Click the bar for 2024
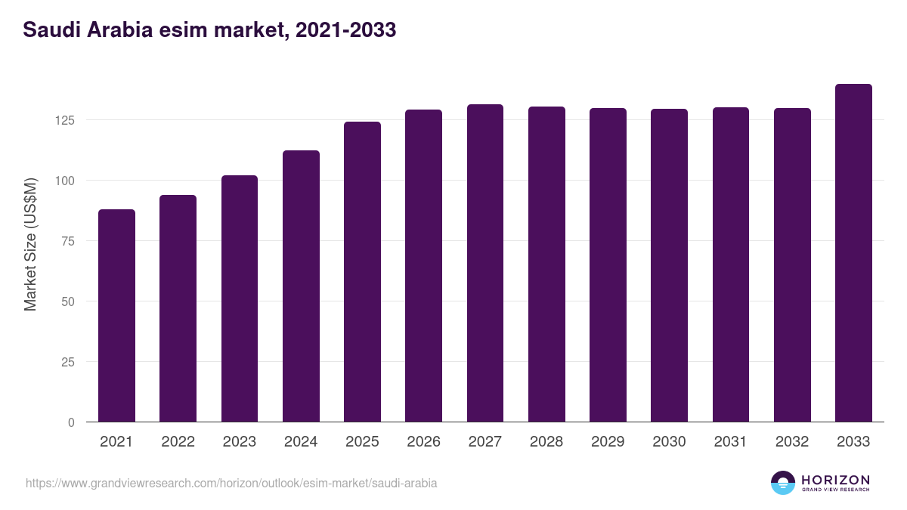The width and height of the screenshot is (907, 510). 301,286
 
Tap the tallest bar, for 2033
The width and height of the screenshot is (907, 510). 853,253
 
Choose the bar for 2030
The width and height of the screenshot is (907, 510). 669,265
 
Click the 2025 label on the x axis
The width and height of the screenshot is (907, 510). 362,442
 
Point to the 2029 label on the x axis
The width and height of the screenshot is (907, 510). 608,442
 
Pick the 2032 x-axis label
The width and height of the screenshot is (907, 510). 792,442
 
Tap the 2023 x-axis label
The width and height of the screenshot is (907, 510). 239,442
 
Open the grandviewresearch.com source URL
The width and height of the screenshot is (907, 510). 231,483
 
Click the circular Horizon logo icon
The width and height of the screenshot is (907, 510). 783,483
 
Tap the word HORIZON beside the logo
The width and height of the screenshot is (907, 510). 835,479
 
